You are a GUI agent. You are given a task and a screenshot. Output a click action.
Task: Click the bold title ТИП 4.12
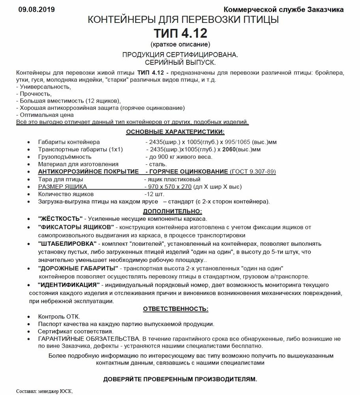[180, 32]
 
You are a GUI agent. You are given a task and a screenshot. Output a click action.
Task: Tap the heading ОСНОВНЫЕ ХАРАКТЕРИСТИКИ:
[175, 132]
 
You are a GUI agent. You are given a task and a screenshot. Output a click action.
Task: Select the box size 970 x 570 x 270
[169, 186]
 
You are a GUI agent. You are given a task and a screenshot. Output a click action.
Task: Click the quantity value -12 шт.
[154, 194]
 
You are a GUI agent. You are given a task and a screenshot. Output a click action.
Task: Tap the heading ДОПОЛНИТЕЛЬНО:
[172, 211]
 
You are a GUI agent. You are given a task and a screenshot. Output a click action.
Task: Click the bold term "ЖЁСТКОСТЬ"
[60, 218]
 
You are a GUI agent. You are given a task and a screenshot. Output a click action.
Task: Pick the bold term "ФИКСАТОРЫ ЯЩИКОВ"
[76, 227]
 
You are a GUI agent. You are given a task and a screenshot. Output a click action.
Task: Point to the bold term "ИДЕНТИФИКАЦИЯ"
[68, 284]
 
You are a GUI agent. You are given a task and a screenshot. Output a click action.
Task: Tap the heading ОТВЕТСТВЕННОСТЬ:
[176, 308]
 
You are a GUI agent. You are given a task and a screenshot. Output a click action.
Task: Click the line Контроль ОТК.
[59, 316]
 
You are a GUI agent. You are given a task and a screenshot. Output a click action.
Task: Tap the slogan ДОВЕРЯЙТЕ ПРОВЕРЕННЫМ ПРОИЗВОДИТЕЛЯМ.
[180, 379]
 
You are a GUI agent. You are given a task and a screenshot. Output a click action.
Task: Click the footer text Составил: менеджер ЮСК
[45, 391]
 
